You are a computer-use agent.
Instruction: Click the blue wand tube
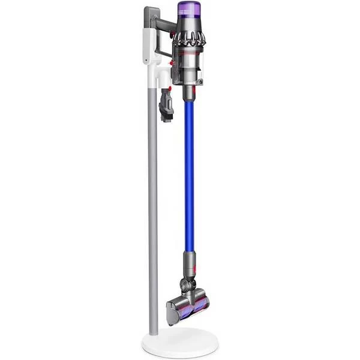pos(188,174)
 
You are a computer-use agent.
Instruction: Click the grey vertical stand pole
pos(152,210)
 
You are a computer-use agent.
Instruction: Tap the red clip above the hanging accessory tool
pos(168,89)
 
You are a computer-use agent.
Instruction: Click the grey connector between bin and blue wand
pos(188,92)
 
